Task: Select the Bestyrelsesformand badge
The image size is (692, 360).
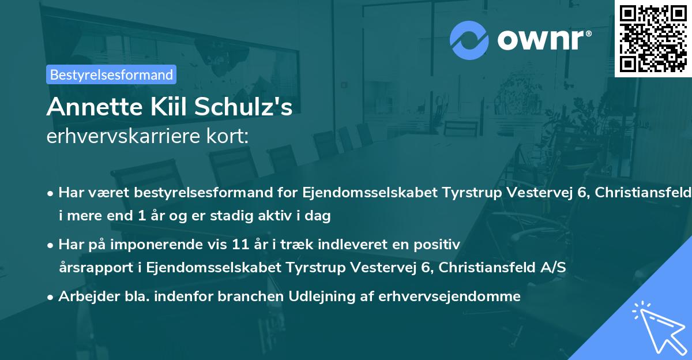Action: [111, 74]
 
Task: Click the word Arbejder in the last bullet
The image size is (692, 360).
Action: [84, 297]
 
